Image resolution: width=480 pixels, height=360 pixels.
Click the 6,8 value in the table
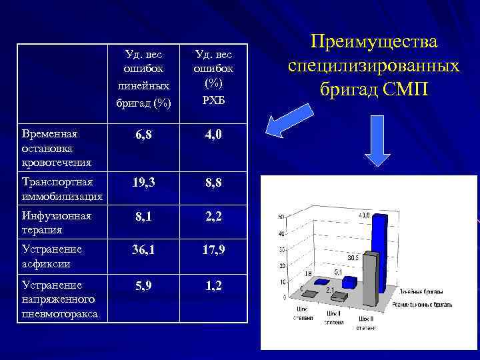point(143,135)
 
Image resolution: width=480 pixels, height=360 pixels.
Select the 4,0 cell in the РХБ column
point(213,135)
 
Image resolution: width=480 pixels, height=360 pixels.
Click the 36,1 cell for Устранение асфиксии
point(143,251)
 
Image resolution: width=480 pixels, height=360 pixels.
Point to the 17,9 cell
point(213,251)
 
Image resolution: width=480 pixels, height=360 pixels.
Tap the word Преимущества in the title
point(373,42)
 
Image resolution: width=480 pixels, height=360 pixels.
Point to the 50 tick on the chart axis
point(282,217)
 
